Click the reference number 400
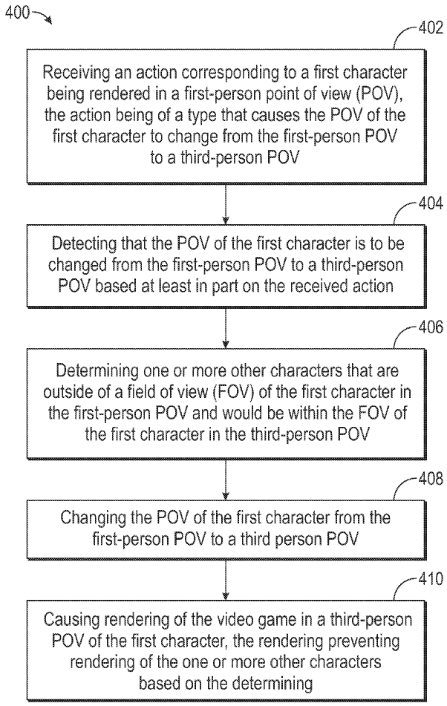[x=18, y=12]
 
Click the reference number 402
[x=431, y=28]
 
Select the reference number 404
[x=431, y=204]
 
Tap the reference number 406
[x=431, y=327]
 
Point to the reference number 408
[x=431, y=479]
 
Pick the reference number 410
[x=431, y=578]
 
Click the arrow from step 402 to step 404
[x=226, y=203]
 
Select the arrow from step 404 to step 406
[x=226, y=328]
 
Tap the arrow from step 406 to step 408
[x=226, y=480]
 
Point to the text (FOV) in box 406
[x=232, y=392]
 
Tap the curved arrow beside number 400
[x=42, y=17]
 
